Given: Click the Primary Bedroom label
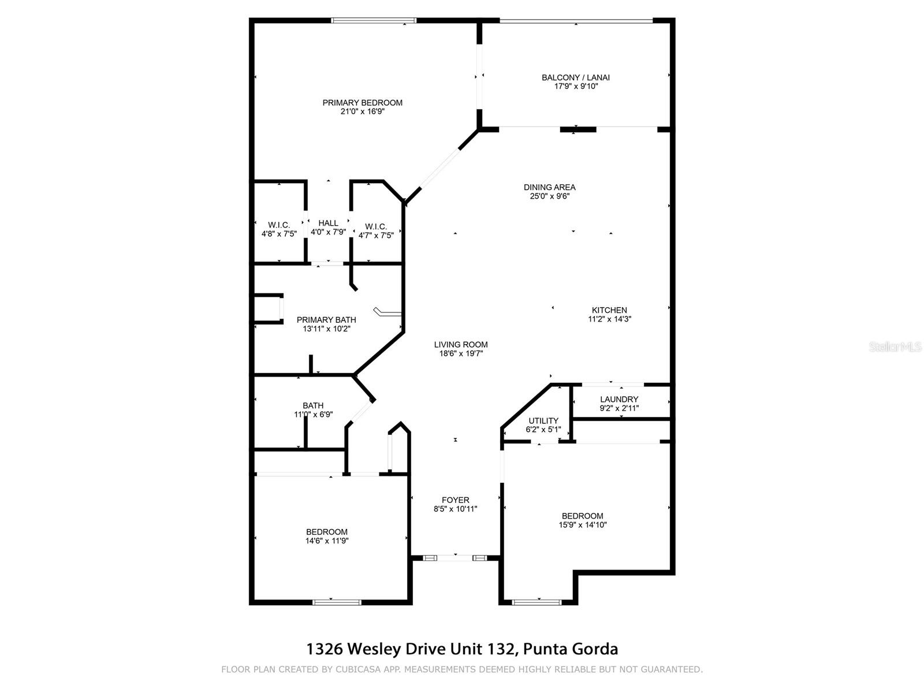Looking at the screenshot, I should coord(362,103).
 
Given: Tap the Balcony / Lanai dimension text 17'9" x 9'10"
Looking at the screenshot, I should coord(575,87).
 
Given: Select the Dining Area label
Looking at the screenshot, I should coord(549,187).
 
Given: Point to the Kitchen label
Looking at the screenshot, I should coord(609,310).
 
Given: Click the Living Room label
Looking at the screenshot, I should coord(461,345).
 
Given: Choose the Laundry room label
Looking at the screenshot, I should coord(619,399).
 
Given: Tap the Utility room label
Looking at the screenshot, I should coord(543,420).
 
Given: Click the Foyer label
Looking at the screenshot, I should coord(455,500).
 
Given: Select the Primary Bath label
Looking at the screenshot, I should coord(326,320).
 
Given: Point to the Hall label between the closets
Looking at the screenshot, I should coord(328,223).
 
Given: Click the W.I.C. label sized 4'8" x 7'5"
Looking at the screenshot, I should coord(279,225).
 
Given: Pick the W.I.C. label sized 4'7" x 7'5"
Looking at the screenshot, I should coord(376,226).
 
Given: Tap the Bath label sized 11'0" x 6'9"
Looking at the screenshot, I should coord(313,405).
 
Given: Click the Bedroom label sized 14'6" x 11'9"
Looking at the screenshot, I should coord(327,532).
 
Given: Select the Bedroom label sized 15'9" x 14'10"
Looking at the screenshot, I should coord(582,516).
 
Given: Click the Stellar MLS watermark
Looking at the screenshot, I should coord(895,347).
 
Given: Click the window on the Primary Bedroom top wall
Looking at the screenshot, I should coord(374,21).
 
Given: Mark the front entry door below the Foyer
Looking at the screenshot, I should coord(455,558).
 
